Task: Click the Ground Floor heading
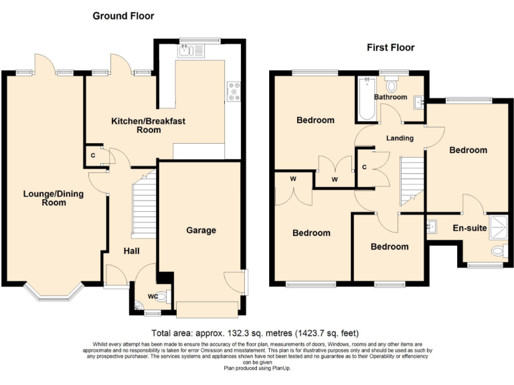[x=123, y=15]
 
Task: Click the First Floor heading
[x=390, y=47]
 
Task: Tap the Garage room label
[x=201, y=231]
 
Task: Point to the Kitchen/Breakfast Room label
[x=148, y=125]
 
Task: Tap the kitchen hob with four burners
[x=234, y=91]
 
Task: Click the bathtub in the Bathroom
[x=366, y=100]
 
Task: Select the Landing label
[x=400, y=138]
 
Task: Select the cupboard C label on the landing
[x=363, y=167]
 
